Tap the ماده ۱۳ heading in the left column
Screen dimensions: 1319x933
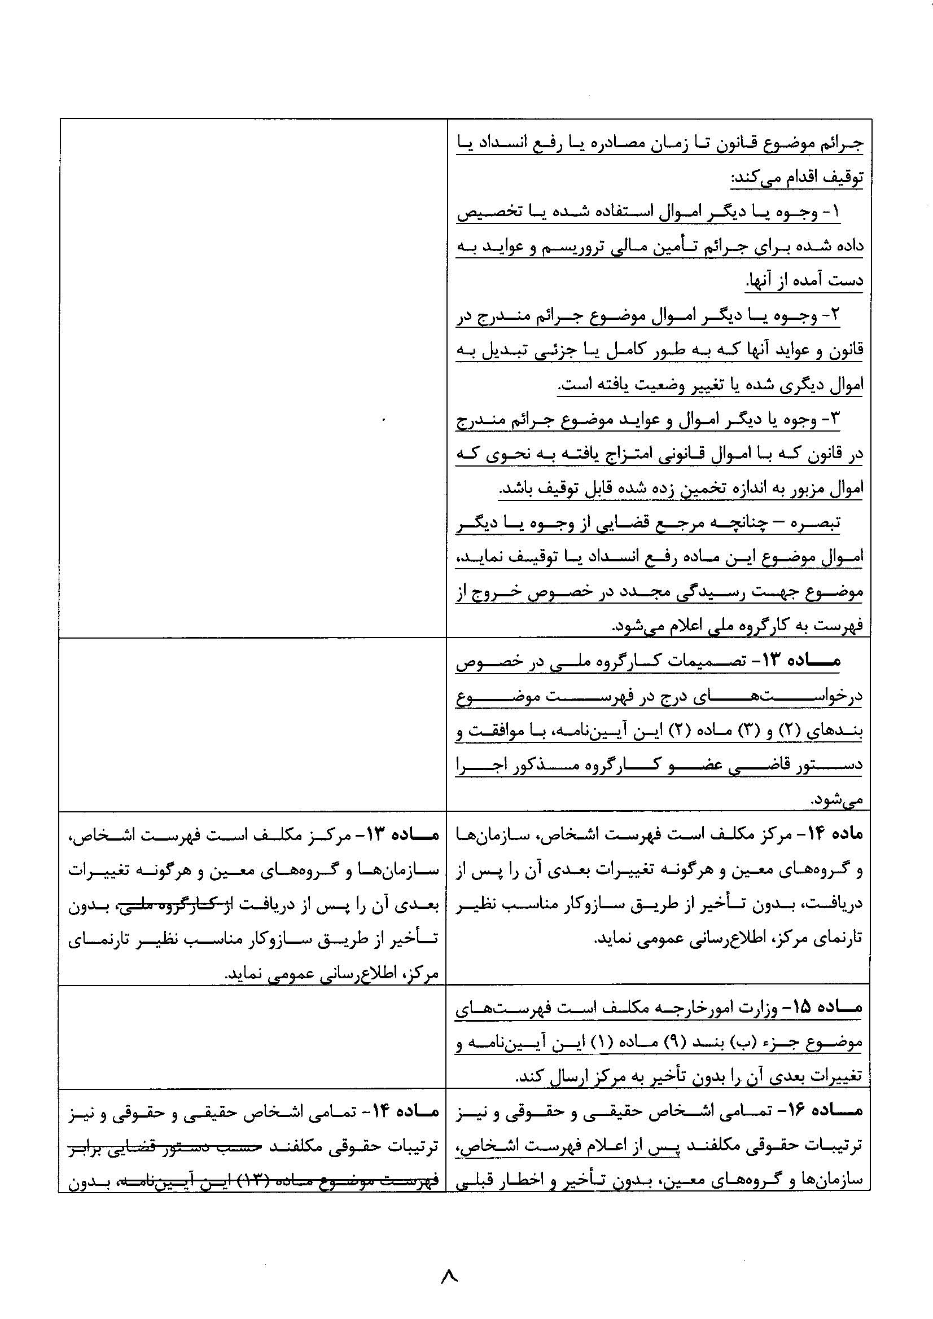[x=406, y=835]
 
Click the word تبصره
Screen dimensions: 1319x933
[x=822, y=523]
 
